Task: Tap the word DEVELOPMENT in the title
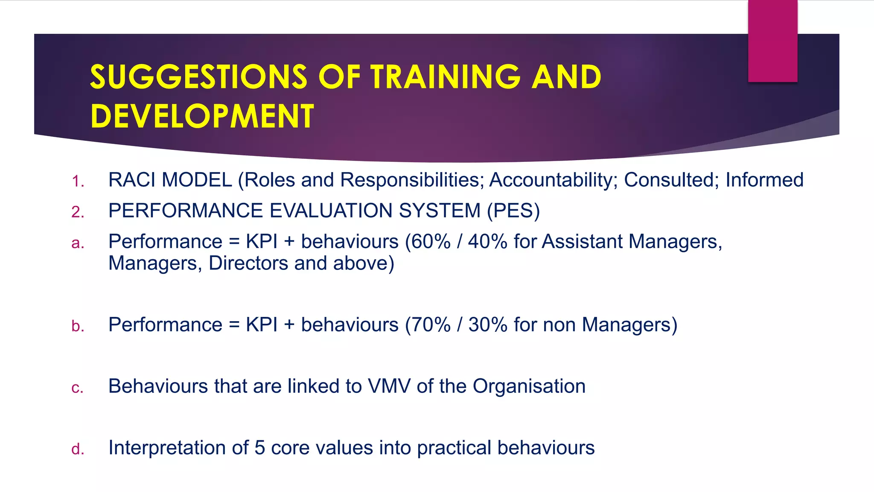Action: (202, 116)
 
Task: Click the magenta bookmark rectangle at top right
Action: (772, 41)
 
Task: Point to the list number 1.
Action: (78, 181)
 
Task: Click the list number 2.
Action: (78, 212)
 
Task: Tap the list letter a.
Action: (78, 243)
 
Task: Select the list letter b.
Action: (78, 326)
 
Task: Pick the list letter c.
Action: (78, 388)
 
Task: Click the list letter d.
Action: (78, 449)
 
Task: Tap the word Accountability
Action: (554, 180)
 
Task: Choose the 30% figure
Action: (488, 325)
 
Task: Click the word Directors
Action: (248, 263)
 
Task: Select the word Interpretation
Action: (167, 448)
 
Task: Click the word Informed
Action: (764, 180)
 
